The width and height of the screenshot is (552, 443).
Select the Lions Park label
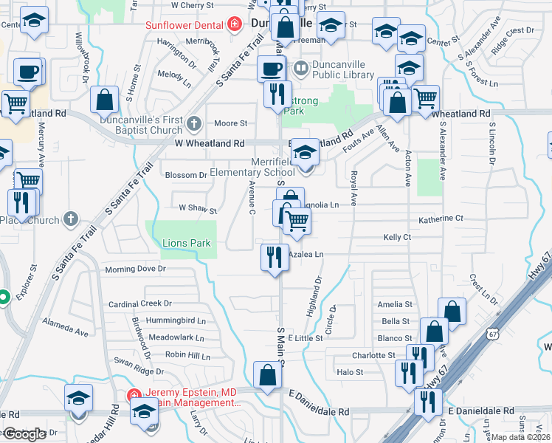point(186,243)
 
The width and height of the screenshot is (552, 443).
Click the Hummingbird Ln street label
point(176,320)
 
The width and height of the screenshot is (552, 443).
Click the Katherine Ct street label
point(440,219)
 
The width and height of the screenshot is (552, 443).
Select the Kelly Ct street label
point(396,237)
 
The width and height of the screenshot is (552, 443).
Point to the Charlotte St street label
point(373,355)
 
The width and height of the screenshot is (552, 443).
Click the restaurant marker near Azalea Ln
point(275,258)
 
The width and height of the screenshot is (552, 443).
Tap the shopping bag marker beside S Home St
point(106,100)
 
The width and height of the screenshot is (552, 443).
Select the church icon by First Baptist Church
point(193,123)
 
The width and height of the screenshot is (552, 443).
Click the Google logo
point(24,434)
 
